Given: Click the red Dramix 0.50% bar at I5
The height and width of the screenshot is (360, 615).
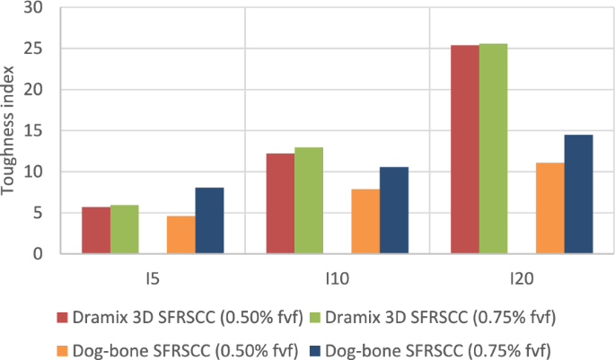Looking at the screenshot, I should [96, 231].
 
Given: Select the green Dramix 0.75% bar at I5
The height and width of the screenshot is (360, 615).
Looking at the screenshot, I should [125, 230].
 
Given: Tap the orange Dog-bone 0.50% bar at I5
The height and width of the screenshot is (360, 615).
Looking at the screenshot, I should [180, 235].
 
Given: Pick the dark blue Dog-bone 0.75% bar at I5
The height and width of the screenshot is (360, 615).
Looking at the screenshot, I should [209, 221].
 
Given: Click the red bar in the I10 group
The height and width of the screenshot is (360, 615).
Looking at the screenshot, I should [281, 204].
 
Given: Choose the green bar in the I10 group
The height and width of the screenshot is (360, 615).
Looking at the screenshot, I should [309, 201].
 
